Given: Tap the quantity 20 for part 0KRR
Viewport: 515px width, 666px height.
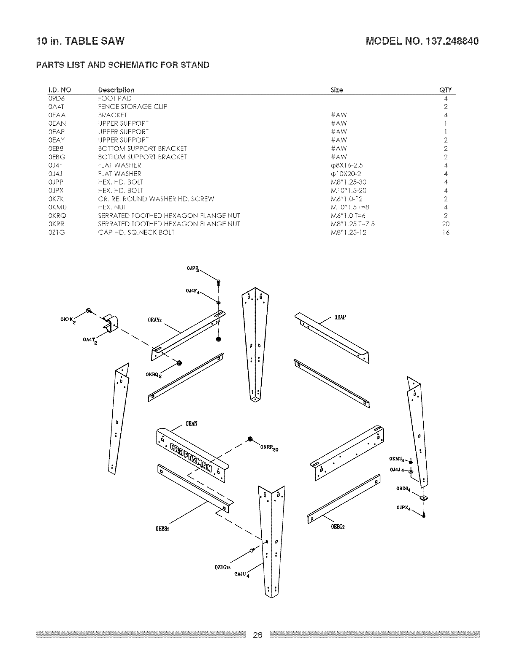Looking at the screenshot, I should tap(446, 224).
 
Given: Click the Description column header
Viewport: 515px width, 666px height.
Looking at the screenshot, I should tap(116, 90).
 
